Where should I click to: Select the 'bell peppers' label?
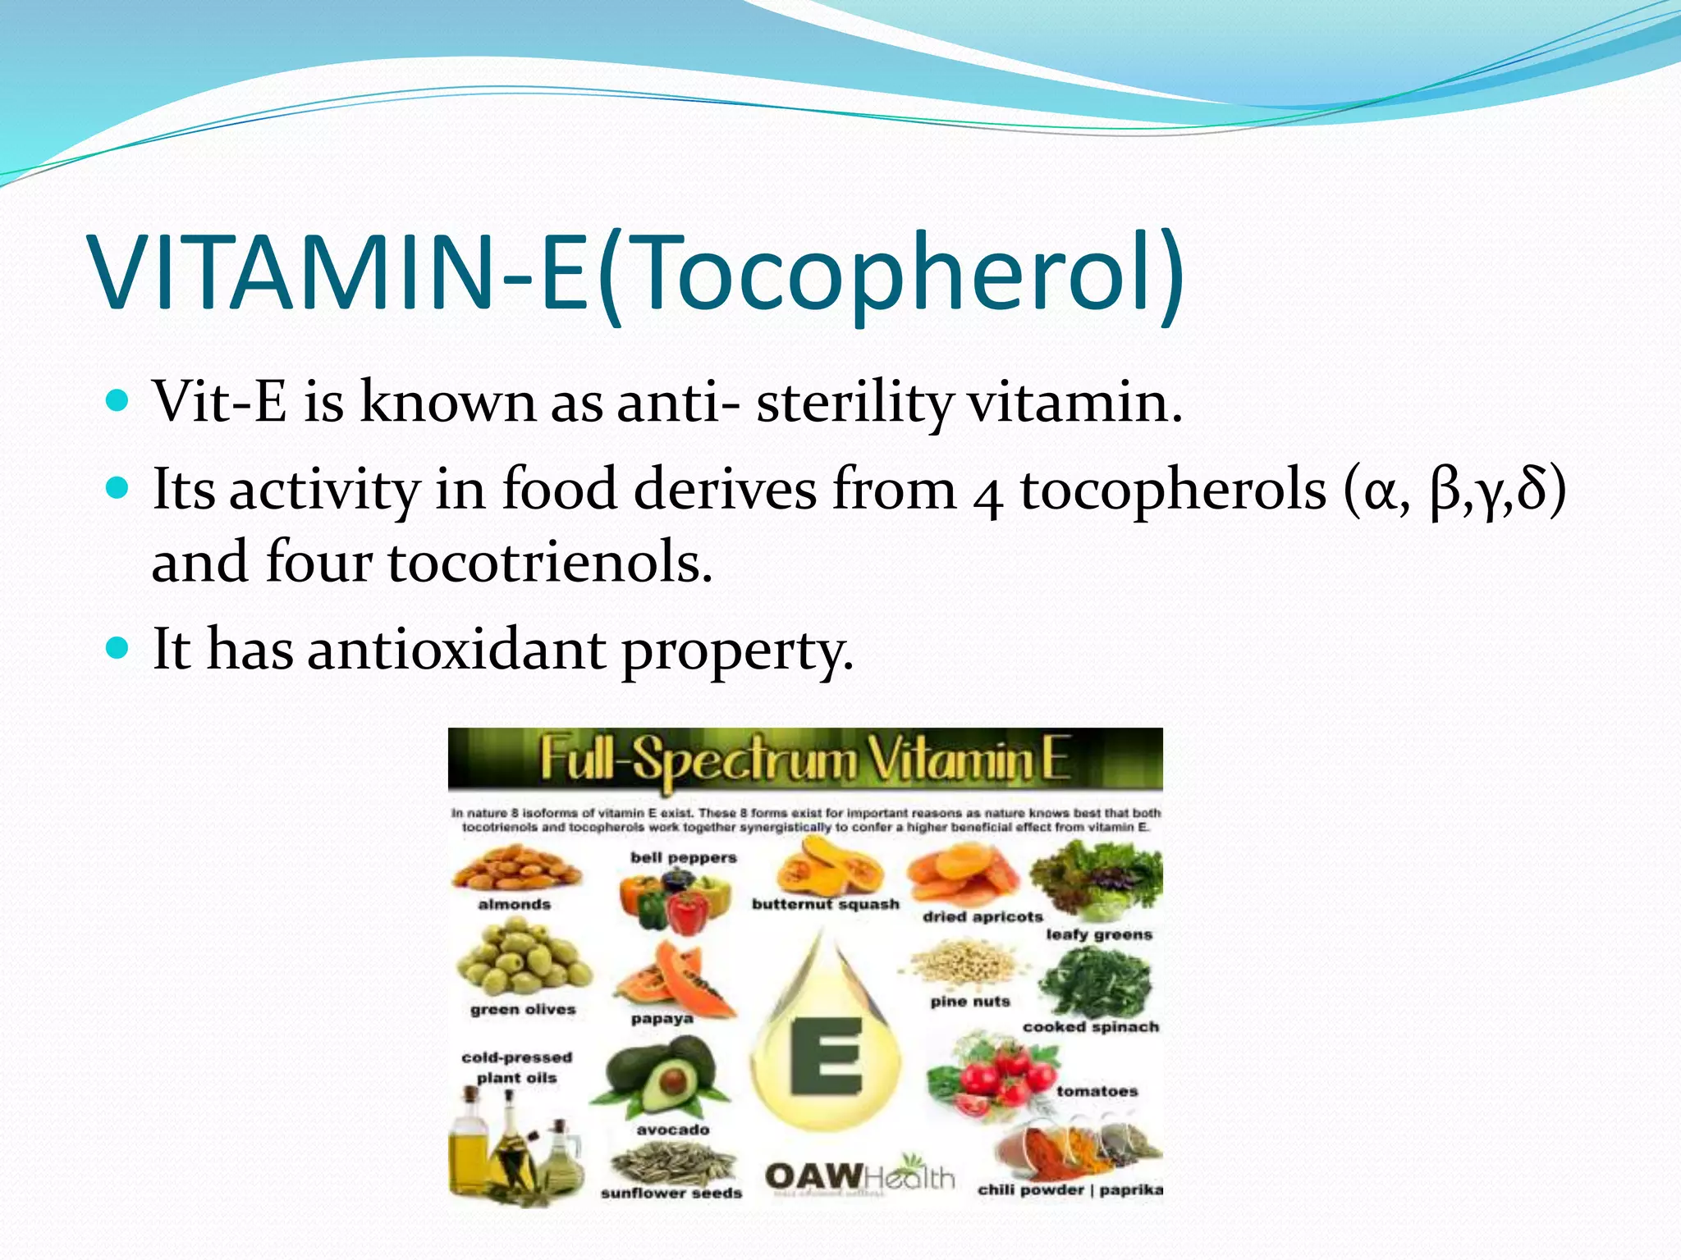[x=683, y=857]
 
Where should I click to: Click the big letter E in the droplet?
[x=826, y=1057]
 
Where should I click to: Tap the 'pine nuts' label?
[x=969, y=1002]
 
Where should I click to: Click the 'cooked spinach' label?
[x=1090, y=1027]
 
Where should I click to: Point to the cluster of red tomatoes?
[x=997, y=1075]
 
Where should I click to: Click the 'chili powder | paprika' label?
[x=1070, y=1189]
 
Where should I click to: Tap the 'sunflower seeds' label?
[x=671, y=1193]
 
